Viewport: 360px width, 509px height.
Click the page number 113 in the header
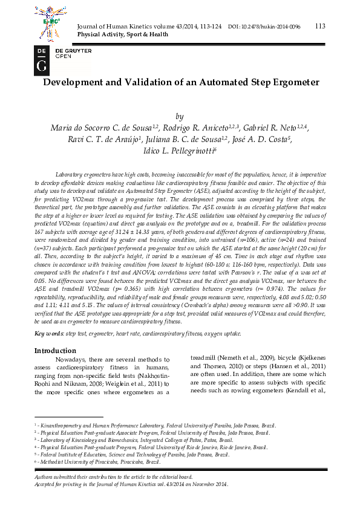pyautogui.click(x=320, y=26)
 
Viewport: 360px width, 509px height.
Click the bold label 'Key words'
pyautogui.click(x=48, y=334)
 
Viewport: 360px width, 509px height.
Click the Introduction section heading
pyautogui.click(x=55, y=351)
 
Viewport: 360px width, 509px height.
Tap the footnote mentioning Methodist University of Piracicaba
pyautogui.click(x=100, y=462)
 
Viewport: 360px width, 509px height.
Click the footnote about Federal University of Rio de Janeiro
pyautogui.click(x=151, y=447)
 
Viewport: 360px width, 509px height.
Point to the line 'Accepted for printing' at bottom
pyautogui.click(x=131, y=484)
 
